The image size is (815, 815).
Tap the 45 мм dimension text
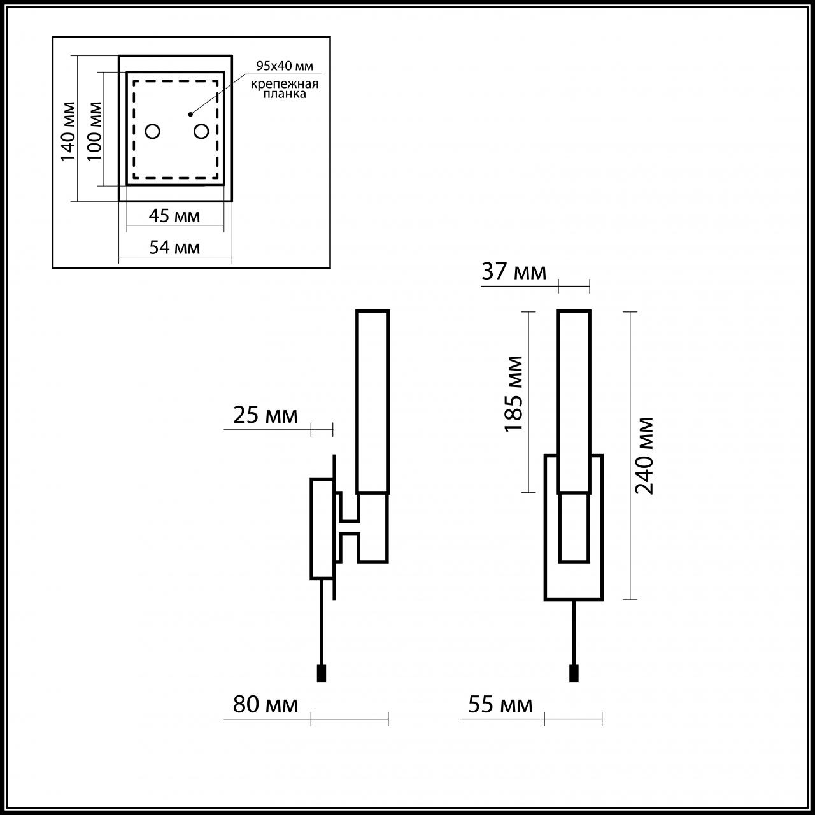(174, 216)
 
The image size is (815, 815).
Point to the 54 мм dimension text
(174, 247)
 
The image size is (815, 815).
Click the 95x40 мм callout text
(285, 66)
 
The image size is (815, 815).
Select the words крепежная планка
(284, 89)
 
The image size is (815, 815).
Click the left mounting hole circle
(153, 132)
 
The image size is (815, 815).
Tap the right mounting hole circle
(201, 132)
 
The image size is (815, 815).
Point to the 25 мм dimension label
(265, 415)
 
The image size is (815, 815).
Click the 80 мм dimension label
(265, 705)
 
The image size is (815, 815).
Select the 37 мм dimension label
(514, 272)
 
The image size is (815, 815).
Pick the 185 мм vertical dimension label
(514, 393)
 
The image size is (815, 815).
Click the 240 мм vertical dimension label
(645, 455)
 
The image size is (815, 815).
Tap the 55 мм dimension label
(500, 705)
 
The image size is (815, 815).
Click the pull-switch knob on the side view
(322, 673)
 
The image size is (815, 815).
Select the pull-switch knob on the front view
(574, 673)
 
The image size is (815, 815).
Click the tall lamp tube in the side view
(372, 401)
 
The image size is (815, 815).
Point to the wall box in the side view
(322, 528)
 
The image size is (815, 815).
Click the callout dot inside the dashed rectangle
(190, 115)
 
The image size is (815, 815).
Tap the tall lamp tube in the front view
(574, 401)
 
